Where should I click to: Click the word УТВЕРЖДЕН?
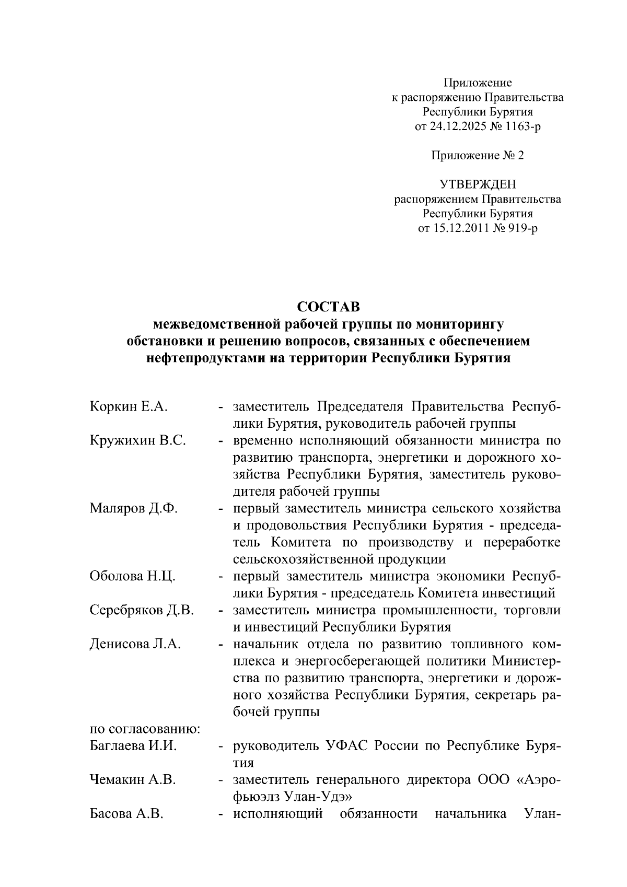coord(477,184)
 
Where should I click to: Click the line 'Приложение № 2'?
coord(477,156)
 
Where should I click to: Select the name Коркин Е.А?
coord(129,407)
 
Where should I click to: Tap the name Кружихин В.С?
coord(138,441)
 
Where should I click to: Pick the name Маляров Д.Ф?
coord(134,508)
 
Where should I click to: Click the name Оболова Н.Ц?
coord(132,576)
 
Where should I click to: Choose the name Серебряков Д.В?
coord(142,610)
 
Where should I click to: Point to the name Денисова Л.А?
coord(135,644)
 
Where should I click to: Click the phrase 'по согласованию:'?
coord(145,729)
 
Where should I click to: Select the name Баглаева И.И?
coord(133,746)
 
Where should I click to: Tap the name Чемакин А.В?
coord(133,780)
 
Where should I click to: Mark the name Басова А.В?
coord(127,814)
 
